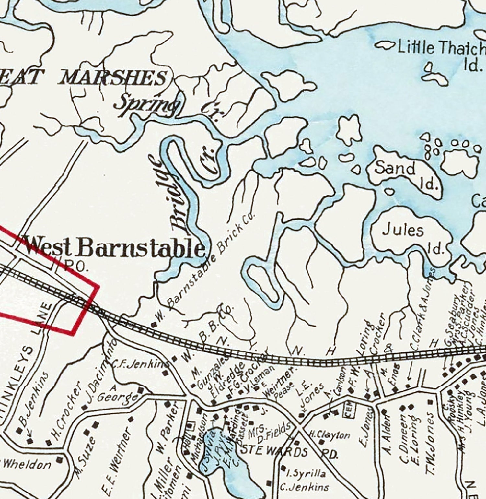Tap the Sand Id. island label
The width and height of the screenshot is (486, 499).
pyautogui.click(x=405, y=174)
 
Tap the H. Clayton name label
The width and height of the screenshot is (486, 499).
pyautogui.click(x=329, y=435)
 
